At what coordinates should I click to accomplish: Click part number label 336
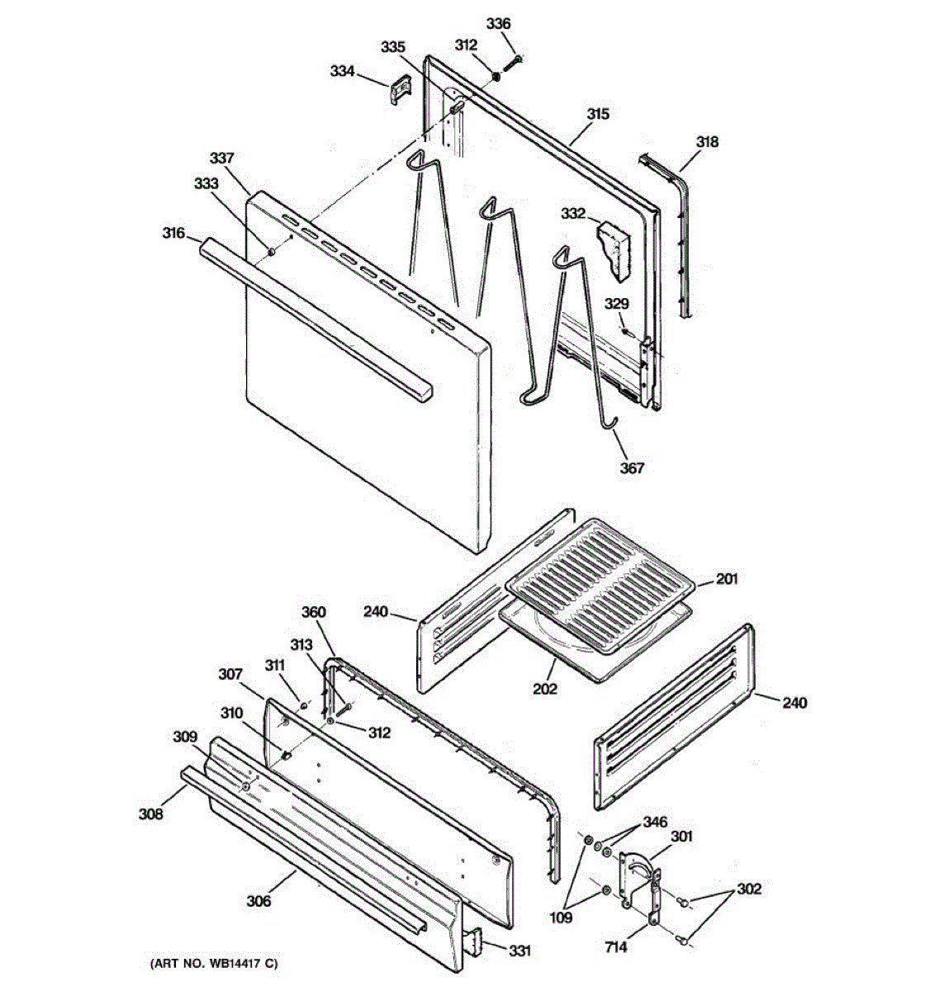(x=498, y=24)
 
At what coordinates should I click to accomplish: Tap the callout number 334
(x=343, y=72)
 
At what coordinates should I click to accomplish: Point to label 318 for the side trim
(x=707, y=141)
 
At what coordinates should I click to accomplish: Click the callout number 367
(x=632, y=468)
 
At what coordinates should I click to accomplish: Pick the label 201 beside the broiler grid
(x=727, y=579)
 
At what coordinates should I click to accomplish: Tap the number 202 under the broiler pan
(x=545, y=688)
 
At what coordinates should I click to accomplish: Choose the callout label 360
(x=313, y=613)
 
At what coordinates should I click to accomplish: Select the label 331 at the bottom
(x=519, y=951)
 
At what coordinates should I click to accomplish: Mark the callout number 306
(x=258, y=901)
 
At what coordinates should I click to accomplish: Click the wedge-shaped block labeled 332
(x=613, y=245)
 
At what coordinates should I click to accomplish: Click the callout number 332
(x=573, y=215)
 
